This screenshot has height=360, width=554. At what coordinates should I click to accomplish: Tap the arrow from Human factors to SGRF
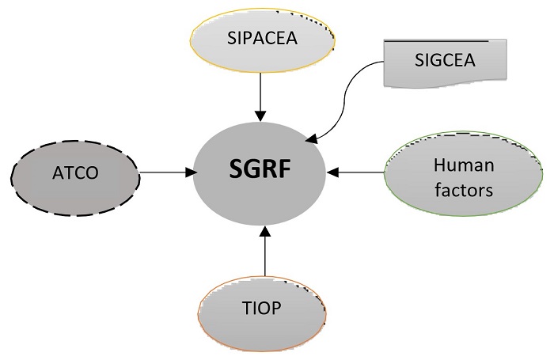coord(356,171)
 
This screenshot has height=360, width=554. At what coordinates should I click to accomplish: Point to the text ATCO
coord(77,172)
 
